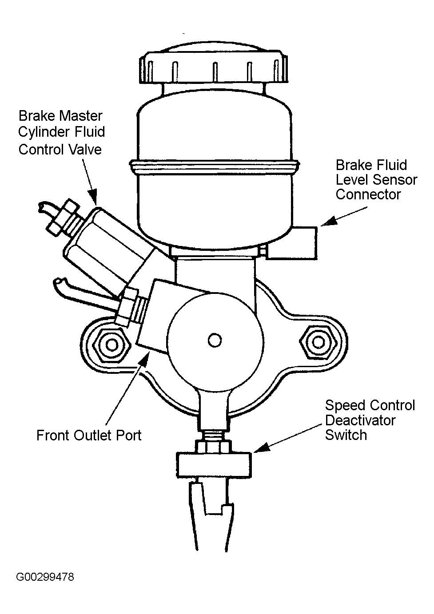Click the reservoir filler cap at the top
click(x=214, y=66)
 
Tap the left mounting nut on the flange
click(x=111, y=344)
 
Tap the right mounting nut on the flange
click(x=318, y=342)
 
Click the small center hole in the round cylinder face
click(x=215, y=341)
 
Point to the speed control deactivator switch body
click(x=214, y=465)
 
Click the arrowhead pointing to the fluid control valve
click(x=93, y=197)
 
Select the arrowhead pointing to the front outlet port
click(x=145, y=359)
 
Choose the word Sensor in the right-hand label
click(x=395, y=180)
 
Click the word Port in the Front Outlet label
click(x=129, y=435)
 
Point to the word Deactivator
click(x=360, y=420)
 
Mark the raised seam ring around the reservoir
click(x=215, y=166)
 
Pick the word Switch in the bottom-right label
click(x=346, y=435)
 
